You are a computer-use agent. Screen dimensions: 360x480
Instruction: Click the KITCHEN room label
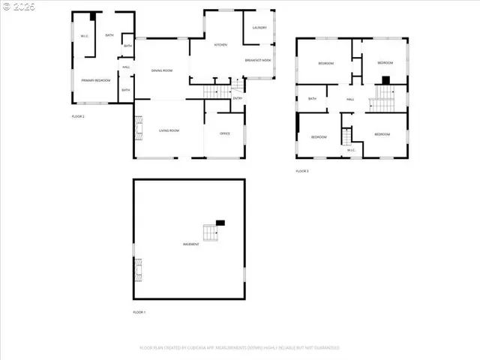[x=220, y=45]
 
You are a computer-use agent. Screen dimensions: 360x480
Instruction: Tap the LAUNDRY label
[x=259, y=28]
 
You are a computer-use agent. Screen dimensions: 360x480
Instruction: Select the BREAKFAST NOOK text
[x=258, y=60]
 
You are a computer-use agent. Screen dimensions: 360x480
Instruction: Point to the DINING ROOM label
[x=162, y=70]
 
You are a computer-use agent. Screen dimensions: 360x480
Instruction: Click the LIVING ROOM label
[x=169, y=130]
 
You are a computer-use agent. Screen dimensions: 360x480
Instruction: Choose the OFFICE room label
[x=224, y=133]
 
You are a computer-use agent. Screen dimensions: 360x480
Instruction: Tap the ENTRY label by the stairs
[x=238, y=98]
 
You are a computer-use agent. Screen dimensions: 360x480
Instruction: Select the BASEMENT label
[x=190, y=244]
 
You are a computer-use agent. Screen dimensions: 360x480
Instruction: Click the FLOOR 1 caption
[x=139, y=311]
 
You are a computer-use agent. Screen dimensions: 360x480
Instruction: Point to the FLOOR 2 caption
[x=78, y=116]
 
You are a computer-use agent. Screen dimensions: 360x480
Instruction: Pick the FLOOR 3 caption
[x=302, y=171]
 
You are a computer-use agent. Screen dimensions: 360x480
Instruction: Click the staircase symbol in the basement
[x=208, y=232]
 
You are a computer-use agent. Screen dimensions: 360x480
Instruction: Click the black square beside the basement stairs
[x=220, y=222]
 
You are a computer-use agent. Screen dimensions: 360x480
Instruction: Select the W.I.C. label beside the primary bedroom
[x=84, y=36]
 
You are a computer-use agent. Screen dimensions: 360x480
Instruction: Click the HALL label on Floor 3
[x=350, y=99]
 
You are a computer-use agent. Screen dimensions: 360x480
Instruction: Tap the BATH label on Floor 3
[x=312, y=98]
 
